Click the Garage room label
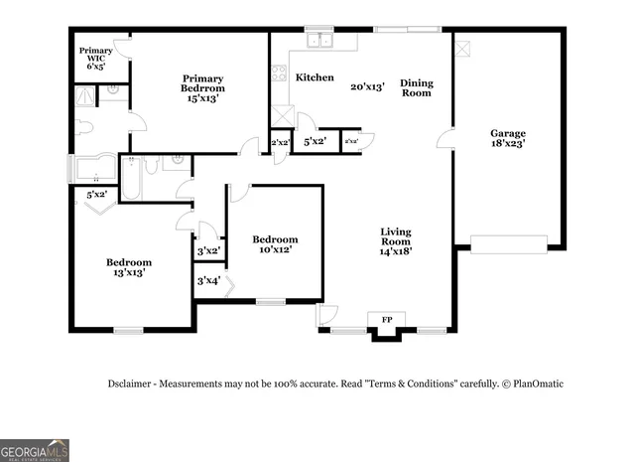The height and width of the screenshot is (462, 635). (507, 133)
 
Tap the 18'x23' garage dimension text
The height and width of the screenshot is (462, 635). (507, 144)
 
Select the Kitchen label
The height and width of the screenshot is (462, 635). (314, 77)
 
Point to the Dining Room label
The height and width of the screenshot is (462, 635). (416, 87)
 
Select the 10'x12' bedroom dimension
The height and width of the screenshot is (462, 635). (275, 250)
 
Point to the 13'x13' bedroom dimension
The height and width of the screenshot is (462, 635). (129, 272)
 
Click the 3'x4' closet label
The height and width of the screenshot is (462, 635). (207, 281)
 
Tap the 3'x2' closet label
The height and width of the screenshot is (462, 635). (207, 251)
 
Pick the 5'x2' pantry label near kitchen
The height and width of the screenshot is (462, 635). (315, 142)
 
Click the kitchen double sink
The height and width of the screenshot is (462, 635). (319, 41)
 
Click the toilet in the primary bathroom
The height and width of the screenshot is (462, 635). (81, 127)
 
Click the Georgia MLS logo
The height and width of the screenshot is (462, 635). (35, 449)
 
